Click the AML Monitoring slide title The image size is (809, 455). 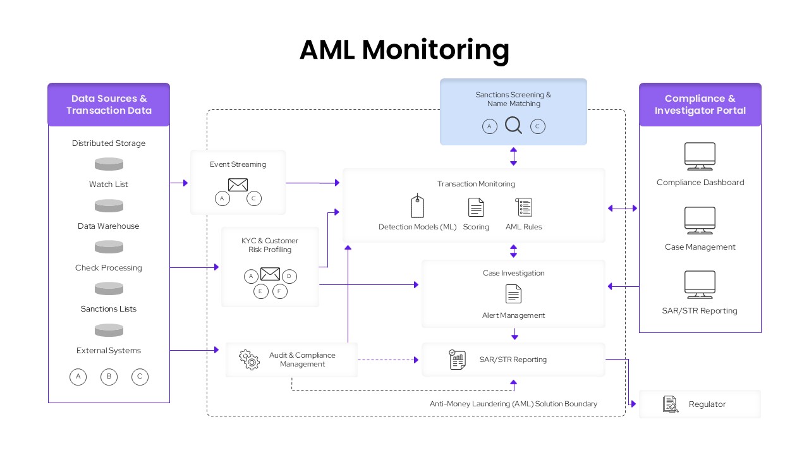[404, 50]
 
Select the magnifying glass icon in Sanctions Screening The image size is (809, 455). [513, 126]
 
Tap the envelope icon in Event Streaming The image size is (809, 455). [238, 185]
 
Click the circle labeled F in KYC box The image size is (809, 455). [280, 291]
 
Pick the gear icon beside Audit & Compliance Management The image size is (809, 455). [249, 360]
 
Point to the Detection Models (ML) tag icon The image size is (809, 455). [417, 206]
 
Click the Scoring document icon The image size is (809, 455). [476, 207]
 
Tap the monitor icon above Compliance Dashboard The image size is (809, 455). [700, 156]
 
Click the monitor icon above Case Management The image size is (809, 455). [700, 221]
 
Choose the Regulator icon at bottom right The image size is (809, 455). [670, 404]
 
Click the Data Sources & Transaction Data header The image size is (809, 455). [109, 104]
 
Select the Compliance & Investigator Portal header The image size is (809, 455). [700, 104]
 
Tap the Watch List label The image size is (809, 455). [109, 185]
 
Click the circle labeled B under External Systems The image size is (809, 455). [109, 377]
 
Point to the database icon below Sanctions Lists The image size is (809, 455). [109, 330]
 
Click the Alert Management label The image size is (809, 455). [513, 315]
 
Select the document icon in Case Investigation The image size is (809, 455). [513, 294]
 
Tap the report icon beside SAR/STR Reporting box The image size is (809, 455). [458, 360]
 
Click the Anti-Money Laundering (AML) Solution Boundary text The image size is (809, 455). [513, 404]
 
